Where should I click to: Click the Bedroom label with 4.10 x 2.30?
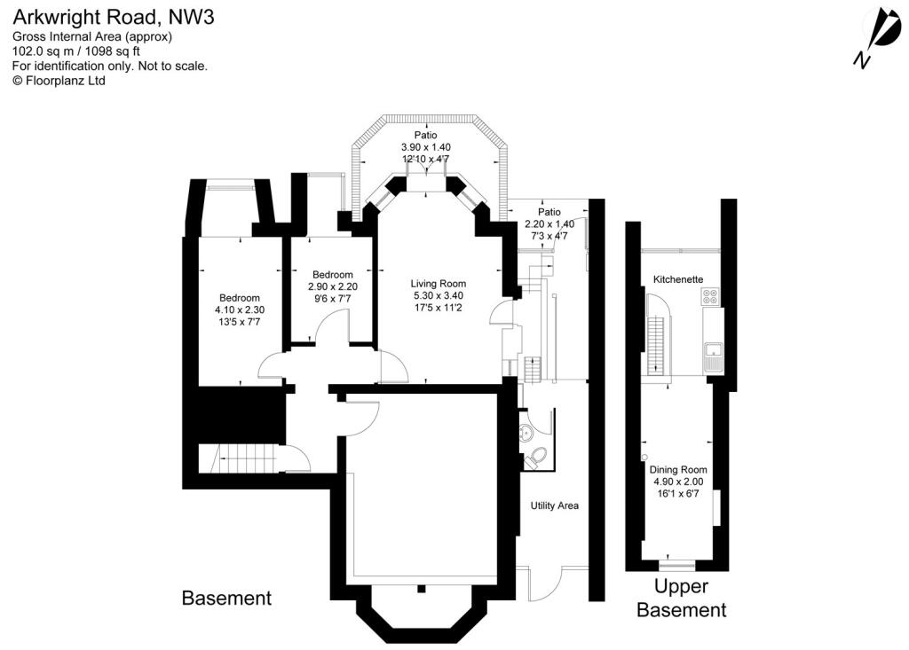(240, 298)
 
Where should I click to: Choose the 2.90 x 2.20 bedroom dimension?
(332, 286)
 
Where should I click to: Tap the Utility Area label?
(555, 505)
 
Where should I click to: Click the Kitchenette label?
(678, 279)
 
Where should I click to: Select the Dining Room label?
(678, 470)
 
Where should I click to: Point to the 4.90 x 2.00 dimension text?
(678, 482)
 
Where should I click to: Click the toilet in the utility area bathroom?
(535, 458)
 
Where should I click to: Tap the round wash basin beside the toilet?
(526, 433)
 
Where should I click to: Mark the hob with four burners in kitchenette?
(712, 300)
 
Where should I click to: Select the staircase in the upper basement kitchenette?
(657, 341)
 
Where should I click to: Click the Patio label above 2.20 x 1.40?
(549, 213)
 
